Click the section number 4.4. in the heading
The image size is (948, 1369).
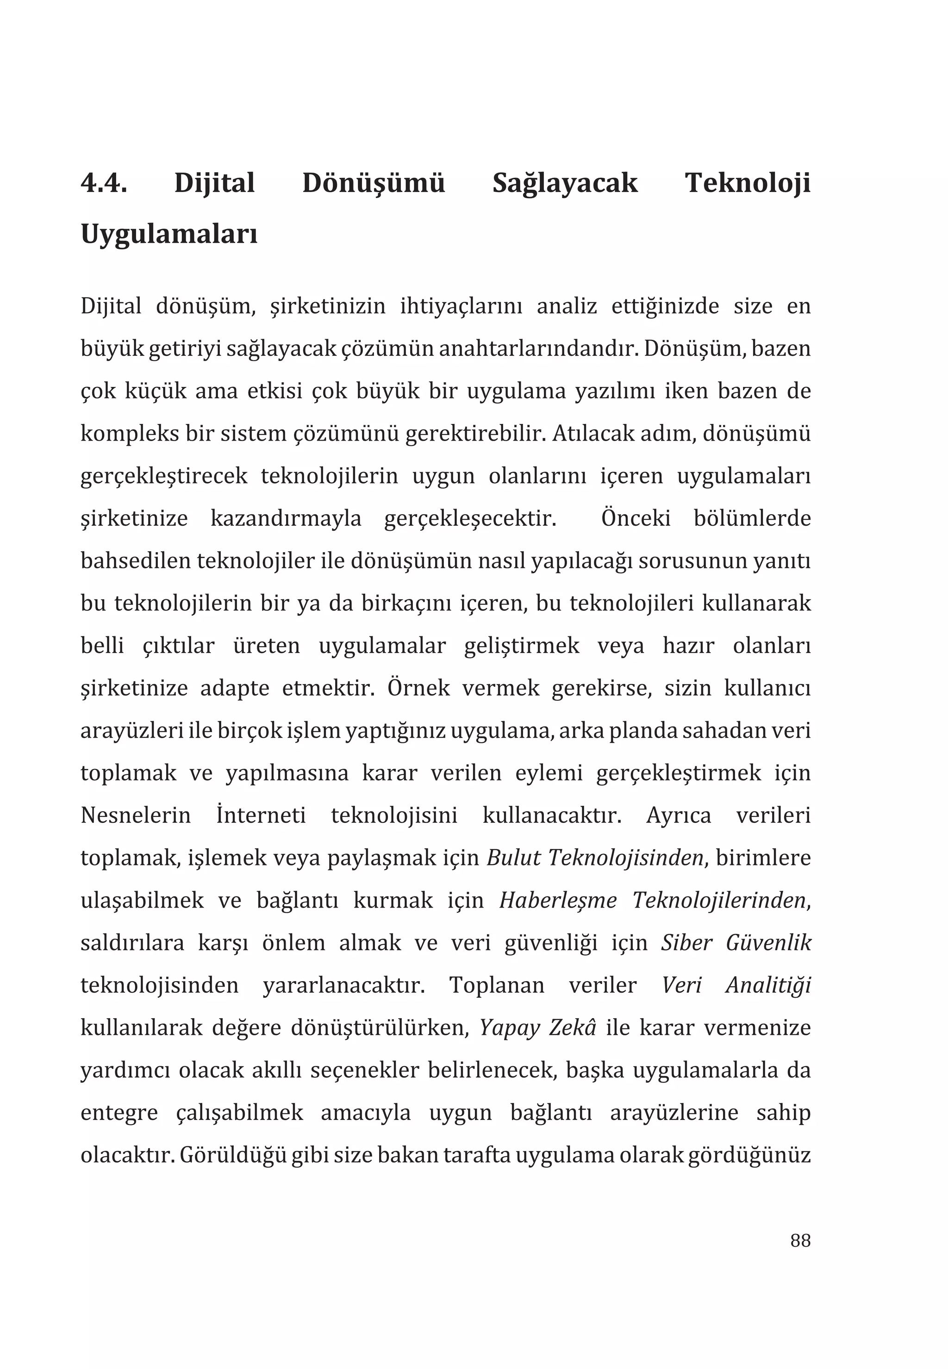(104, 183)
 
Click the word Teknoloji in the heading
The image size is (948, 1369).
(747, 183)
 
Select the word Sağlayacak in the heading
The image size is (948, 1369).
(565, 183)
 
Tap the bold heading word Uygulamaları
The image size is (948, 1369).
(168, 235)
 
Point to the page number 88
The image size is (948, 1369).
(800, 1241)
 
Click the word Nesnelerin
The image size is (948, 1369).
(136, 815)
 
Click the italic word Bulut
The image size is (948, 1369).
(514, 858)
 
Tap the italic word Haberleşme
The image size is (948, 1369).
(558, 900)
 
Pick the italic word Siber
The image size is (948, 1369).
(686, 943)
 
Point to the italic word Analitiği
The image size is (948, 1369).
(768, 985)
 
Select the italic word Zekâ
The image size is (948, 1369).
(572, 1028)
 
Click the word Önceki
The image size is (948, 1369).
(636, 518)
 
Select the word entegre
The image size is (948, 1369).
(119, 1113)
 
